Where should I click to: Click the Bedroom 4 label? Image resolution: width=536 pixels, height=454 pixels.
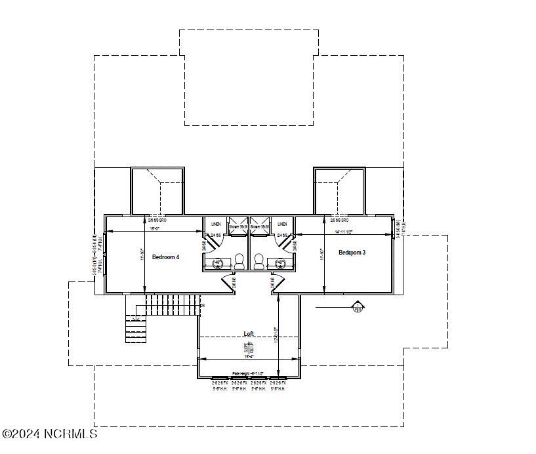(x=165, y=257)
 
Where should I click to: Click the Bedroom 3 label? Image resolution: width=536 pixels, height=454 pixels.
(x=352, y=253)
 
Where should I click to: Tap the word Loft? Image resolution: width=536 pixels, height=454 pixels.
(x=249, y=333)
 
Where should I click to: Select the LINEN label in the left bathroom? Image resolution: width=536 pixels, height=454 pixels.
(x=216, y=224)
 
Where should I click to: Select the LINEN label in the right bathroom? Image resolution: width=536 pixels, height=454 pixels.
(x=282, y=224)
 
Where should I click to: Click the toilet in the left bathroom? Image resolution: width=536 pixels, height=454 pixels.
(x=239, y=262)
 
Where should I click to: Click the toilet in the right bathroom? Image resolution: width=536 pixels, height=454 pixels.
(x=258, y=262)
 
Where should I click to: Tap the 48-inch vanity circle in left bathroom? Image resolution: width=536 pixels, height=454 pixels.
(x=218, y=263)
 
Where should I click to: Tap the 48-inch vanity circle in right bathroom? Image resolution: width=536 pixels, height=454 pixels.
(x=281, y=263)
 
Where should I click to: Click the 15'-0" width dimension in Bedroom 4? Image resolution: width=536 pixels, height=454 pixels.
(x=154, y=229)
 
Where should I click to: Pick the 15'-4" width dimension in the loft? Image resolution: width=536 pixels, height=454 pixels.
(x=249, y=356)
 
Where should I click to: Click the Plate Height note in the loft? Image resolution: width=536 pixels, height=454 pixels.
(x=249, y=373)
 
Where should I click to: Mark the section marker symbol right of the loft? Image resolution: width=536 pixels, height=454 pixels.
(x=358, y=306)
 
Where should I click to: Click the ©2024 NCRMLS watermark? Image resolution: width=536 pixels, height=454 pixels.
(x=49, y=434)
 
